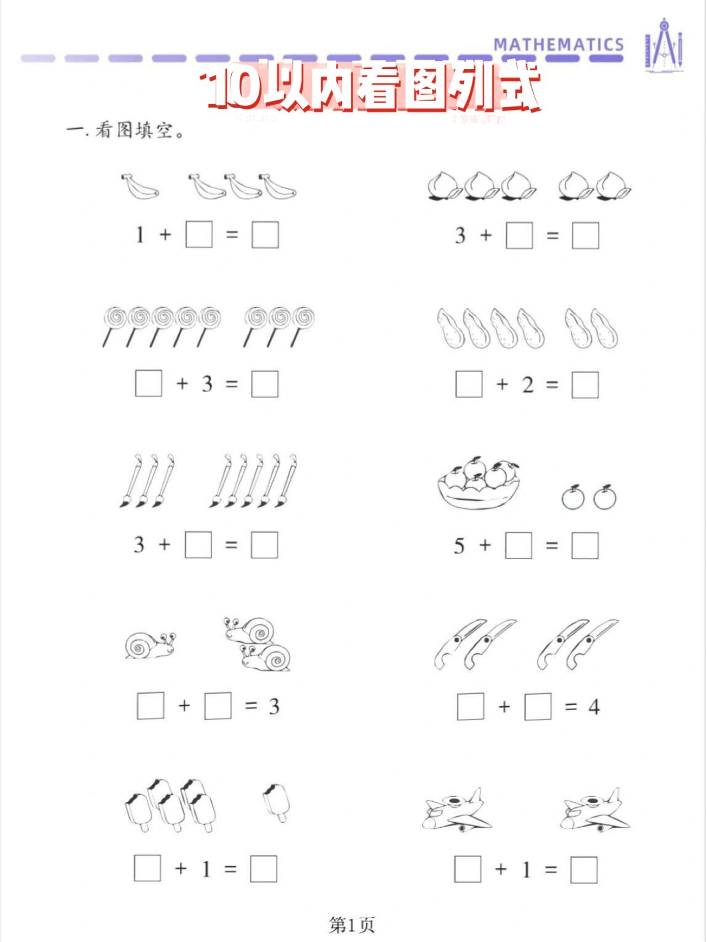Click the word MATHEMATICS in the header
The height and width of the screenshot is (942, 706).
pyautogui.click(x=558, y=45)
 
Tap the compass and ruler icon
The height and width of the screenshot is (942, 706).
pyautogui.click(x=664, y=45)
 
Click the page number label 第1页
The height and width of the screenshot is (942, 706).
pyautogui.click(x=352, y=924)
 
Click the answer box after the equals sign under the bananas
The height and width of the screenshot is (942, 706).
pyautogui.click(x=265, y=235)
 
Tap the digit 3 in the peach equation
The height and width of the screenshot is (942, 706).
pyautogui.click(x=460, y=236)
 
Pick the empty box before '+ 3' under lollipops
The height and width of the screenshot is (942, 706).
pyautogui.click(x=148, y=384)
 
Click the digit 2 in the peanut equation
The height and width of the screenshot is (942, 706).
pyautogui.click(x=528, y=385)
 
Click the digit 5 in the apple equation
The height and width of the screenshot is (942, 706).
pyautogui.click(x=459, y=546)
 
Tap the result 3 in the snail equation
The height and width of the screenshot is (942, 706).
pyautogui.click(x=274, y=706)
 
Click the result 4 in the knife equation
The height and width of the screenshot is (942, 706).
pyautogui.click(x=593, y=707)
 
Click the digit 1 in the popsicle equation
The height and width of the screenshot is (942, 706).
pyautogui.click(x=206, y=869)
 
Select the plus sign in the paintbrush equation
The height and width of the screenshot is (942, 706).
pyautogui.click(x=164, y=545)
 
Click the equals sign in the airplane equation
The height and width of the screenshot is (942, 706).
pyautogui.click(x=550, y=870)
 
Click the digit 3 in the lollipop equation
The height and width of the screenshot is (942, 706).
pyautogui.click(x=207, y=384)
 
